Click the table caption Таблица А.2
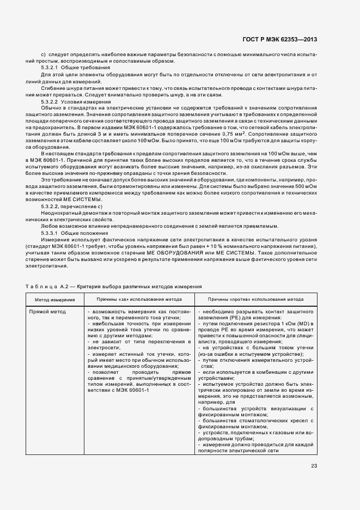pos(48,286)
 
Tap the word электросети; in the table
pos(103,347)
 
